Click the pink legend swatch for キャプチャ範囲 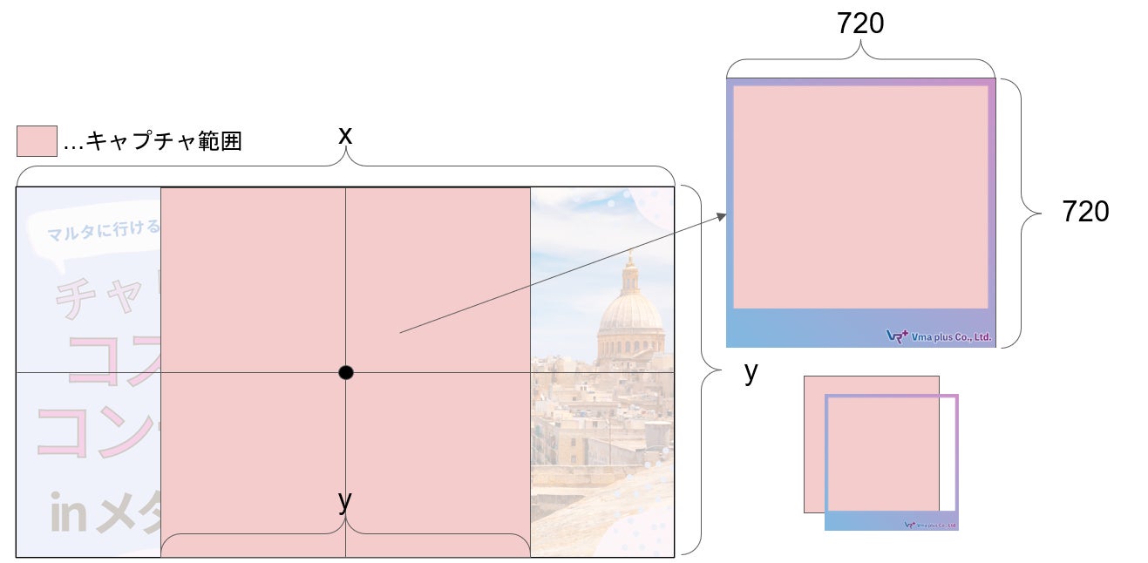[37, 141]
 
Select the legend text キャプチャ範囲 [163, 141]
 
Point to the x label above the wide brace [345, 136]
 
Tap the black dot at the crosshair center [346, 373]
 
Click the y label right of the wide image [751, 372]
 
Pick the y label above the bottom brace [345, 500]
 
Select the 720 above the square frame [859, 24]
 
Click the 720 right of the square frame [1085, 211]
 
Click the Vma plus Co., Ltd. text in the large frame [951, 336]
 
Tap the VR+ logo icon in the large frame [896, 336]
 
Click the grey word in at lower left [68, 515]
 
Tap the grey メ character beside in [122, 515]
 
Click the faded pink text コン [96, 431]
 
